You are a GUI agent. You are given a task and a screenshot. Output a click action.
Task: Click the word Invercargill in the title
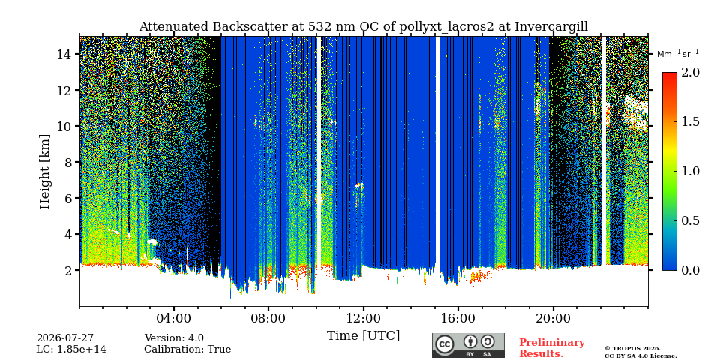click(x=551, y=27)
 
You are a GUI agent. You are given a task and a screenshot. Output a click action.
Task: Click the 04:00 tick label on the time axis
click(x=174, y=318)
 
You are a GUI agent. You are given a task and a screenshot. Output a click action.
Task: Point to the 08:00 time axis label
click(x=268, y=318)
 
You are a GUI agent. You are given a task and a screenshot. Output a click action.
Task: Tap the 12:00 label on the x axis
click(x=364, y=318)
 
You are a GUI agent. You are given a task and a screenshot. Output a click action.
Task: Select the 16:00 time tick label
click(x=458, y=318)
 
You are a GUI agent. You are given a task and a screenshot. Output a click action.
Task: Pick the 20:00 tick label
click(x=553, y=318)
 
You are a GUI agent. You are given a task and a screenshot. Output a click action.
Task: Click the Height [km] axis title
click(x=44, y=172)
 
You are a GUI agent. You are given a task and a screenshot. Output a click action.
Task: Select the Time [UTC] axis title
click(x=363, y=336)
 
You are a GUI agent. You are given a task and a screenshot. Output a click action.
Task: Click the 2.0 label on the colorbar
click(x=690, y=73)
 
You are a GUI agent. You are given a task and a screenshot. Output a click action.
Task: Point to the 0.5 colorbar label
click(x=690, y=220)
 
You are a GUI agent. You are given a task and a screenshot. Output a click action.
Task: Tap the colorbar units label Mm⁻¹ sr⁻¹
click(x=678, y=54)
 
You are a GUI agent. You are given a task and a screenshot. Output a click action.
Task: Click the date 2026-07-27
click(x=64, y=339)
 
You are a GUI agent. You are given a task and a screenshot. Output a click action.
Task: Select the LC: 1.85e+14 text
click(x=71, y=349)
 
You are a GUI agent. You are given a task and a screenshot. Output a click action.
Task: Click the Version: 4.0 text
click(x=174, y=339)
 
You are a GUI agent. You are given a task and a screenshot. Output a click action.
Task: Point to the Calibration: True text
click(x=187, y=349)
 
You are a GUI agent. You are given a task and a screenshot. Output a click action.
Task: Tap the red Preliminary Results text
click(x=552, y=348)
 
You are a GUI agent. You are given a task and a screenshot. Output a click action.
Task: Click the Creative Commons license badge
click(x=468, y=345)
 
